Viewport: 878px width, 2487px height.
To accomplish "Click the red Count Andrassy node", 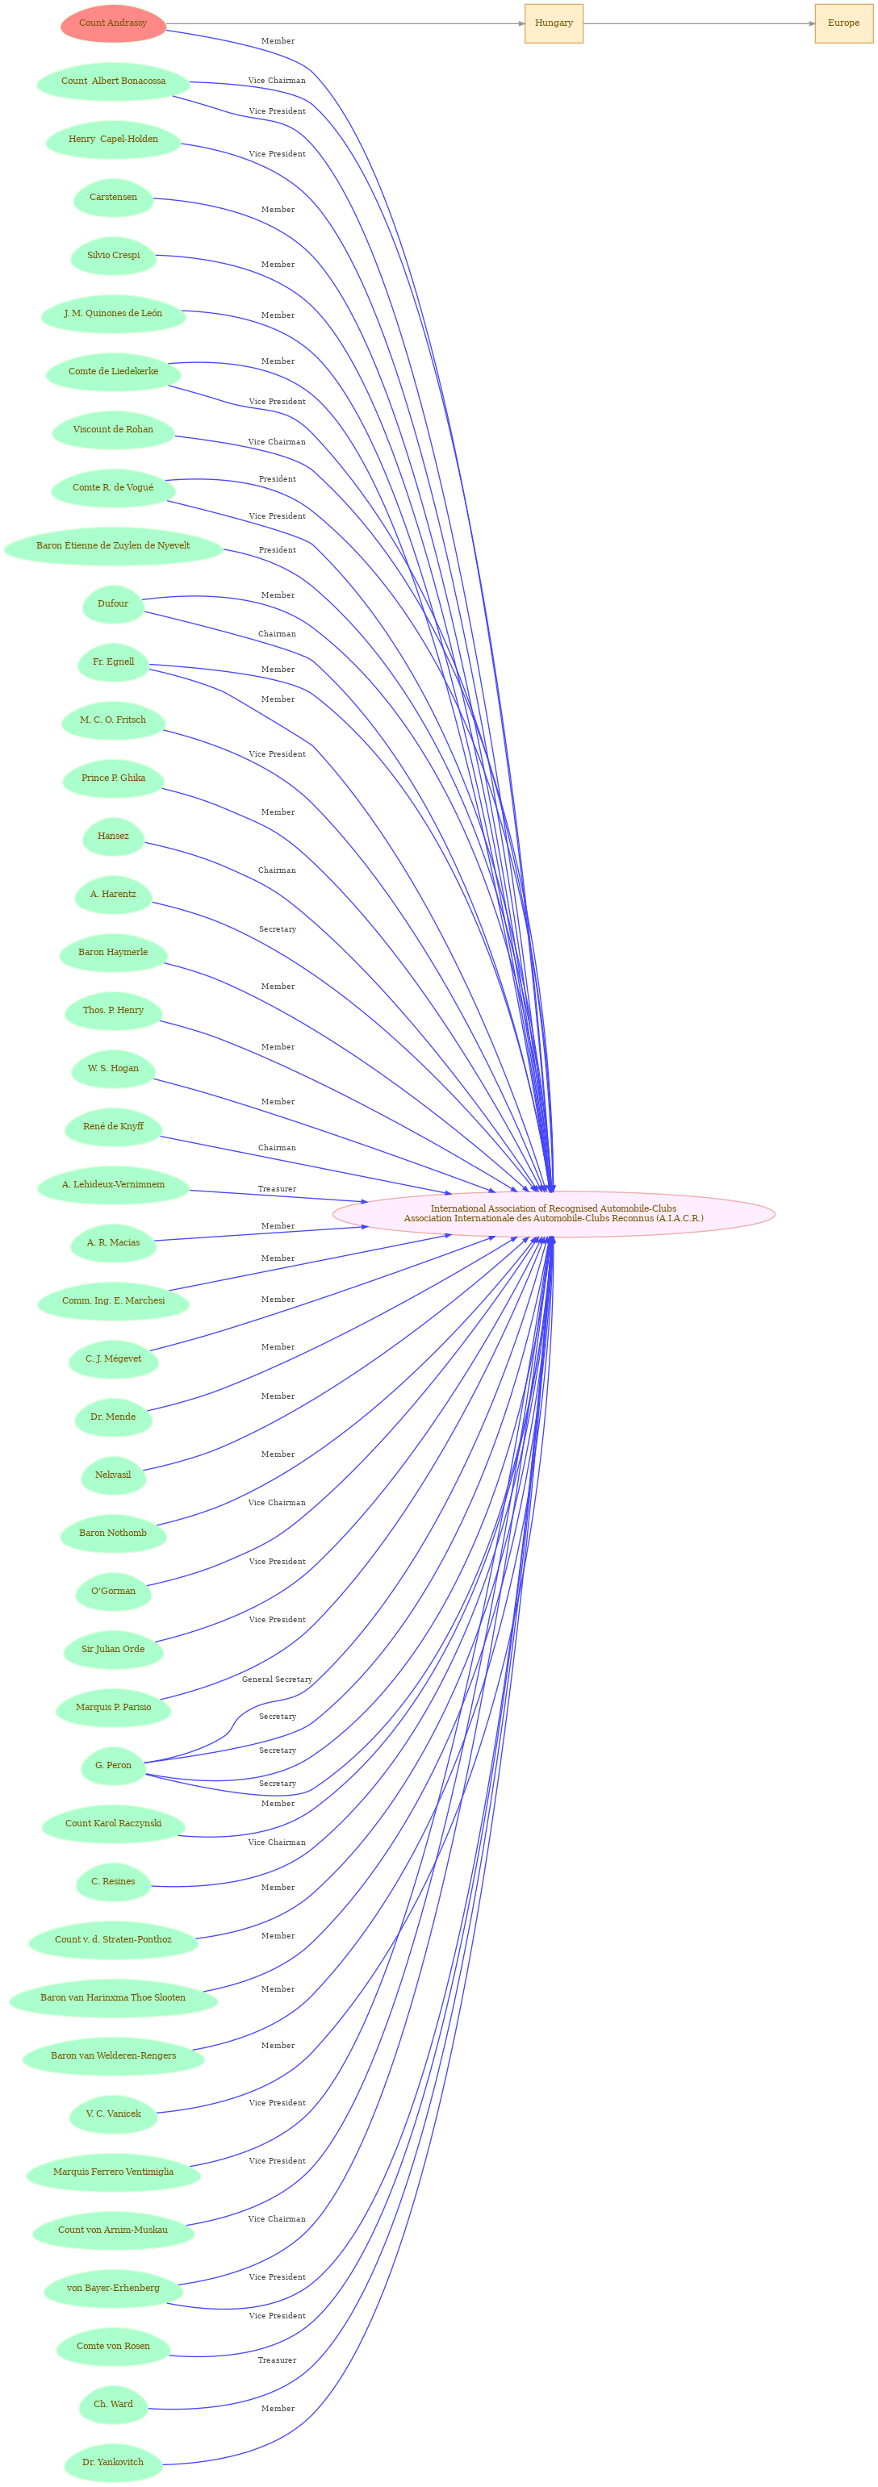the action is [113, 23].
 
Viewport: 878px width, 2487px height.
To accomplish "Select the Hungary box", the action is [554, 23].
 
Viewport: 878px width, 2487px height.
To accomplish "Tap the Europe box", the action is [843, 23].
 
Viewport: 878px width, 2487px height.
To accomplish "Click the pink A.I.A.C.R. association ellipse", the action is [554, 1213].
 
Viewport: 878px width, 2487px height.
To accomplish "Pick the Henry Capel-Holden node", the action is [113, 139].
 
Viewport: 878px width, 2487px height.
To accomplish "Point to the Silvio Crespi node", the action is [113, 256].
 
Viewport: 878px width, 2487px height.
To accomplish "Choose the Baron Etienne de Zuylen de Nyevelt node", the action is [113, 545].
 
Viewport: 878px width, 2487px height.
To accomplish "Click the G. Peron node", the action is [113, 1765].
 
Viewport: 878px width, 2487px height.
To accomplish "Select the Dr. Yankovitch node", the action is [113, 2462].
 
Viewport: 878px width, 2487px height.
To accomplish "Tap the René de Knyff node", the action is [113, 1127].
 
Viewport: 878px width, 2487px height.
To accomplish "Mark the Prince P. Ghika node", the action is [113, 778].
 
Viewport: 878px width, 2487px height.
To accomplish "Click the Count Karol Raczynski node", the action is [113, 1823].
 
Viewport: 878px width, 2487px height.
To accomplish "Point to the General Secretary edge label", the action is [278, 1679].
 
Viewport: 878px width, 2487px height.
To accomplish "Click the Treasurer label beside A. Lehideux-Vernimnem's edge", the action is [278, 1188].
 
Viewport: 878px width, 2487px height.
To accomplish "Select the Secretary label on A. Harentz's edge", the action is [278, 928].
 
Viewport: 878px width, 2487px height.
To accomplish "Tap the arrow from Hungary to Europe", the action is [698, 23].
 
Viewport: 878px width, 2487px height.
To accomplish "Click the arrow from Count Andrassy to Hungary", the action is [345, 23].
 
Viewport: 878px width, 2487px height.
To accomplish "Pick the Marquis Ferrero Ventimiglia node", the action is [113, 2172].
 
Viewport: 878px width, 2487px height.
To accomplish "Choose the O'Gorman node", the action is [113, 1591].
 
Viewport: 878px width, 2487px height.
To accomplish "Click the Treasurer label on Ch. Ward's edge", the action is [278, 2360].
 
